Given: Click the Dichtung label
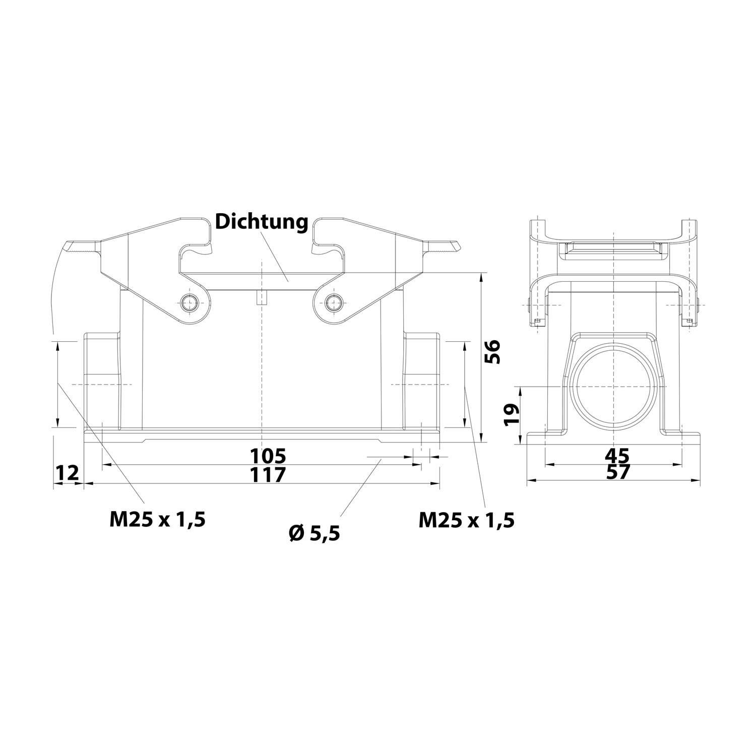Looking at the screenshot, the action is [x=261, y=222].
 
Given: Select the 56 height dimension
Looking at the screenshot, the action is [x=492, y=351].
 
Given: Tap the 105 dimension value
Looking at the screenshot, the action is [x=268, y=456].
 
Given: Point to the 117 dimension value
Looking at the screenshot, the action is [x=268, y=474].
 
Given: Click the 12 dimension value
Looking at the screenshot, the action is [x=67, y=474].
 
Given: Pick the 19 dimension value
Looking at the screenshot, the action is [x=512, y=415].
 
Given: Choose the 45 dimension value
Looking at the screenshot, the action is [x=617, y=456].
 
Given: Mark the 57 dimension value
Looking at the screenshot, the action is [x=617, y=473].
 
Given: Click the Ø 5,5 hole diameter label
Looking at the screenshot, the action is [x=314, y=532].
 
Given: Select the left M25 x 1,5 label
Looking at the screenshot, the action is [x=157, y=519].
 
